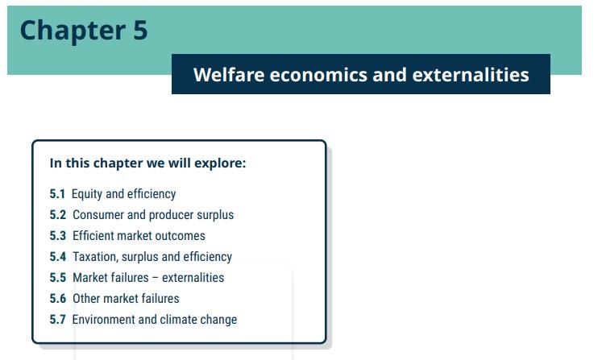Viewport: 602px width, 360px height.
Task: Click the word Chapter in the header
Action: tap(66, 31)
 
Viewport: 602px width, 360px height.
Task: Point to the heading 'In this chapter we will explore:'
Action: tap(147, 163)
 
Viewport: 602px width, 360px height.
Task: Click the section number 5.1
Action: tap(57, 194)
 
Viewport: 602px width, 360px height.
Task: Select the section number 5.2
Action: tap(58, 215)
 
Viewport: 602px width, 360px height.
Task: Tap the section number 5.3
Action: tap(58, 236)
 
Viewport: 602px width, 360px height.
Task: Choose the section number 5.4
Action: tap(58, 257)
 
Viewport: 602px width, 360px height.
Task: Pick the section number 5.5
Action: tap(58, 278)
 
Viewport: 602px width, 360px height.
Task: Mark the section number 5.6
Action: tap(58, 299)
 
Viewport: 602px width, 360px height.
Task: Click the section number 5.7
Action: tap(58, 320)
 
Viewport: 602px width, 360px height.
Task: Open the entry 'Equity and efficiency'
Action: tap(123, 194)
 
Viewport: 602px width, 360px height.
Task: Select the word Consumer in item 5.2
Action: tap(99, 215)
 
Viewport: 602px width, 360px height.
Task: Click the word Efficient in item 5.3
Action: tap(95, 236)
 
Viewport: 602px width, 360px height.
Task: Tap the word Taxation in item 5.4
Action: tap(97, 257)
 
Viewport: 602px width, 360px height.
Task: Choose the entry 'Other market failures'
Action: tap(126, 299)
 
